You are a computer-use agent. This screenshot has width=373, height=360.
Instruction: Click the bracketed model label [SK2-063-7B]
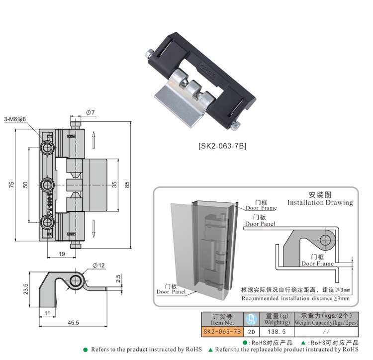(x=222, y=146)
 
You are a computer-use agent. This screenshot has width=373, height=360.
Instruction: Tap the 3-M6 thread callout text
(x=15, y=119)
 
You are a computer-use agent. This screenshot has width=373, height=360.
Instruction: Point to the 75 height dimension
(x=11, y=185)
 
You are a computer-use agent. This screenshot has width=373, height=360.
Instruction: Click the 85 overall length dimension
(x=127, y=185)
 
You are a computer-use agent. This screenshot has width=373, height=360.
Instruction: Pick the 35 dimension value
(x=114, y=185)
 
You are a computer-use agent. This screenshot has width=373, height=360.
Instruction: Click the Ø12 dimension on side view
(x=98, y=265)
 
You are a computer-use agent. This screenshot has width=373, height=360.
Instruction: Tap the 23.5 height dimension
(x=25, y=289)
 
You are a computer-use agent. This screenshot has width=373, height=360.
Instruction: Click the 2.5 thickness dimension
(x=118, y=278)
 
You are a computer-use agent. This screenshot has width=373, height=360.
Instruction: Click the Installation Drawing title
(x=320, y=202)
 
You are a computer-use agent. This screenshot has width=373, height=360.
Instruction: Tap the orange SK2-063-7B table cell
(x=222, y=330)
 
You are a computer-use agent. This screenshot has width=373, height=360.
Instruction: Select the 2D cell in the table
(x=251, y=330)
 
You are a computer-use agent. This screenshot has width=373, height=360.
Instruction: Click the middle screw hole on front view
(x=48, y=185)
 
